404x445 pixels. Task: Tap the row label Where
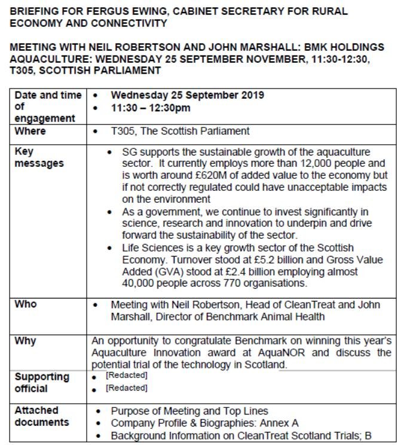point(30,131)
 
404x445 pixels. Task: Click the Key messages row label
point(39,157)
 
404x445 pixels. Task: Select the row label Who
point(25,304)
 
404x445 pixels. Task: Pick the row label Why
point(25,340)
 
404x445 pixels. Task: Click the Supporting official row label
point(42,383)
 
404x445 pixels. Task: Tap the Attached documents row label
point(42,416)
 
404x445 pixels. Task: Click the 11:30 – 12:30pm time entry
point(151,108)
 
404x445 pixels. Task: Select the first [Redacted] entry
point(126,376)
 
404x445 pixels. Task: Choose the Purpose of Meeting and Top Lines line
point(189,411)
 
